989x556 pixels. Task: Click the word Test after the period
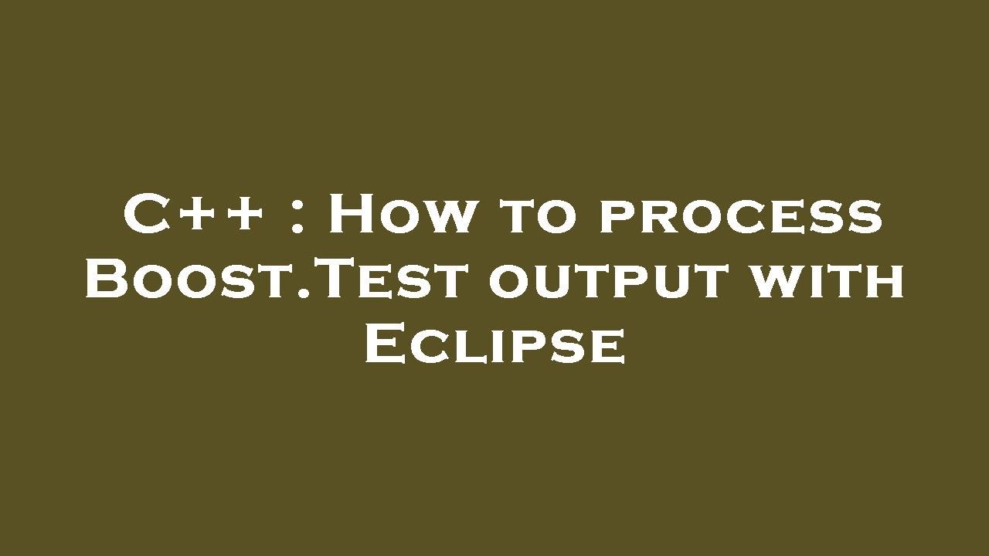click(x=394, y=280)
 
